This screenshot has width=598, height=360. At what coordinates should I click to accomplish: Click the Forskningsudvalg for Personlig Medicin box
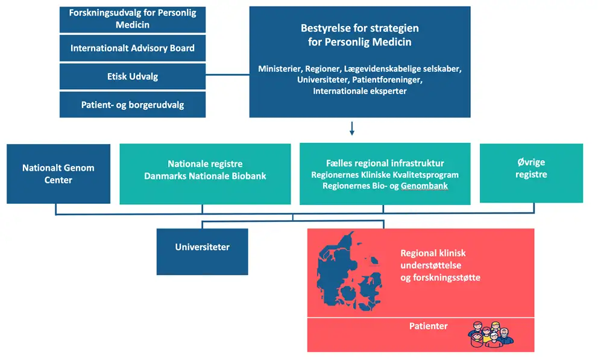[x=133, y=19]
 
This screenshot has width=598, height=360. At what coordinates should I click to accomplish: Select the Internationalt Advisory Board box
[x=133, y=48]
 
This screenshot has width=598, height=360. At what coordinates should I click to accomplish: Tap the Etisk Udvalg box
[x=133, y=76]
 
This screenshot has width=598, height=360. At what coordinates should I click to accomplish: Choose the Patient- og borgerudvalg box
[x=133, y=104]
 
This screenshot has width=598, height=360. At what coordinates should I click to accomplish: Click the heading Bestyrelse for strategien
[x=360, y=28]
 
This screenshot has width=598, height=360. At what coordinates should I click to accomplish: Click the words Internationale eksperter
[x=360, y=91]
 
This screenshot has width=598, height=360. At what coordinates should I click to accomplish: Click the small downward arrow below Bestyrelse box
[x=352, y=128]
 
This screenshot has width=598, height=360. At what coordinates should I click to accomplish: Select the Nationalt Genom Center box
[x=58, y=174]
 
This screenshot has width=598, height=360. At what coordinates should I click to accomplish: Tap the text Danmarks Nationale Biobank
[x=205, y=176]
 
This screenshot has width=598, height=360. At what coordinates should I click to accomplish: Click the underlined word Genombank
[x=424, y=186]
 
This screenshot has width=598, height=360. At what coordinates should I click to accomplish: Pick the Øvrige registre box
[x=531, y=173]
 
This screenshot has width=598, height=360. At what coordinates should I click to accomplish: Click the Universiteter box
[x=202, y=251]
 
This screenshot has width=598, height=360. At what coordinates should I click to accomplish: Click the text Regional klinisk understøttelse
[x=433, y=259]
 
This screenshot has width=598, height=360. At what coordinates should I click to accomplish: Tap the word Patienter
[x=428, y=326]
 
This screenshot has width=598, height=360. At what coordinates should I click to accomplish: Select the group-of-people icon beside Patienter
[x=491, y=335]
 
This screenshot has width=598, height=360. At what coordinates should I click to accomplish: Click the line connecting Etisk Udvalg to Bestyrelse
[x=227, y=75]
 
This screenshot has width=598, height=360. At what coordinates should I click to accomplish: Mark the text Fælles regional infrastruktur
[x=385, y=163]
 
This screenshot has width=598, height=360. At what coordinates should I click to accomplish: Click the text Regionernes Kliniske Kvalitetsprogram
[x=385, y=175]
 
